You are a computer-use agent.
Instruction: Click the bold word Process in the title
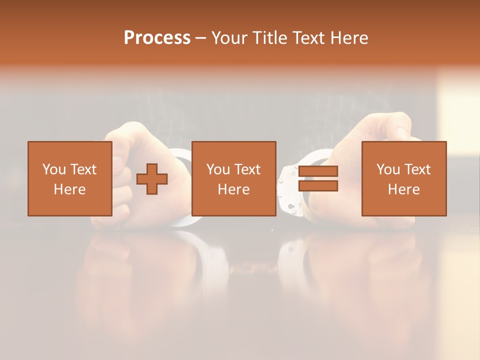(x=157, y=38)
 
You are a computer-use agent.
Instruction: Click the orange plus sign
(x=152, y=178)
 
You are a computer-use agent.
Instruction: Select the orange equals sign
(x=318, y=178)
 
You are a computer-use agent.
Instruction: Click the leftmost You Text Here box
(x=69, y=178)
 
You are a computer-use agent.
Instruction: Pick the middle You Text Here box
(x=233, y=178)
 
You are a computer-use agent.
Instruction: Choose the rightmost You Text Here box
(x=403, y=178)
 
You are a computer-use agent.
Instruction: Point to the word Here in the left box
(x=69, y=189)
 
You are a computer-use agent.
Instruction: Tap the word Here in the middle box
(x=233, y=189)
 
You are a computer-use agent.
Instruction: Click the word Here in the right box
(x=403, y=189)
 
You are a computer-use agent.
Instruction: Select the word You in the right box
(x=387, y=169)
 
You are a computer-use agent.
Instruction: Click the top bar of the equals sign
(x=318, y=171)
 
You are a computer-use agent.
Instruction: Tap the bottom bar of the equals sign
(x=318, y=186)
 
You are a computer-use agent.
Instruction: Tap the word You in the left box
(x=53, y=169)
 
